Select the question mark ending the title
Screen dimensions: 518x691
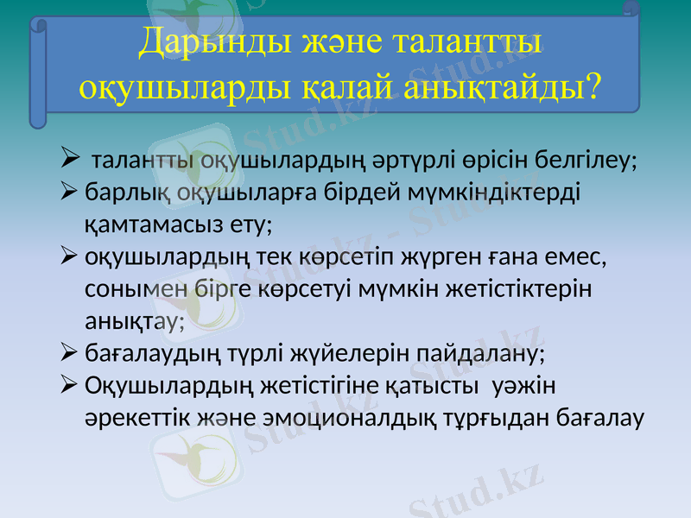coord(593,85)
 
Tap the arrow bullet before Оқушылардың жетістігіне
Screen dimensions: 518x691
coord(71,384)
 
